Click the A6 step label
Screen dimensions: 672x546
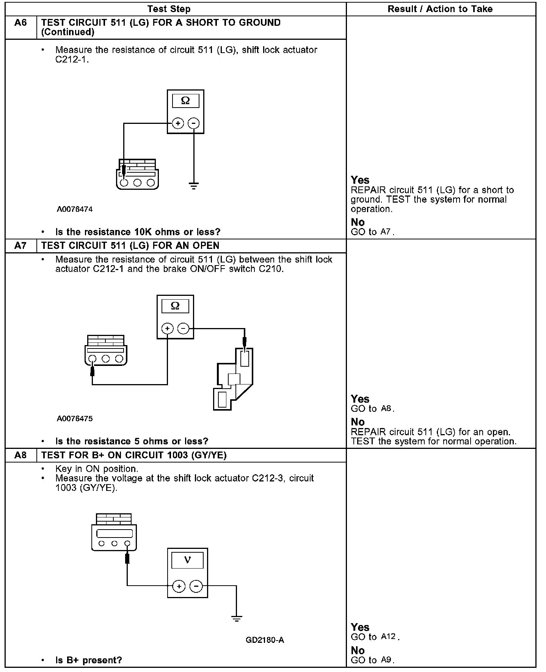20,23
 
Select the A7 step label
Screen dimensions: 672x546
20,246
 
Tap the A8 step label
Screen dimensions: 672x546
20,455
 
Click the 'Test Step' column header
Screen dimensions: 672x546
169,9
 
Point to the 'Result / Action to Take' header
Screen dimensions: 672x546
440,9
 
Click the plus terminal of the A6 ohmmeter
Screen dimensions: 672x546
178,123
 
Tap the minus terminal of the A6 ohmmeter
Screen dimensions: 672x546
194,123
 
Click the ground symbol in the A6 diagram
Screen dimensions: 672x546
194,186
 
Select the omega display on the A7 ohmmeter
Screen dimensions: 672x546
175,306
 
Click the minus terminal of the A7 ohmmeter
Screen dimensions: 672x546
183,328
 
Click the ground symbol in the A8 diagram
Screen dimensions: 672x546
236,619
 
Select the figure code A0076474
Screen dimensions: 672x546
75,209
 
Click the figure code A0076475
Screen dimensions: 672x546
75,419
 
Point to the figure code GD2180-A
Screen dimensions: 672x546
265,640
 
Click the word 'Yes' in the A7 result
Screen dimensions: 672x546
360,399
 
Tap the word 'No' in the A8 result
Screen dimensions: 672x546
358,650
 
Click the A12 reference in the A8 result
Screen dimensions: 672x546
388,637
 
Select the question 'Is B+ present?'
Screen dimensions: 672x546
89,660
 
